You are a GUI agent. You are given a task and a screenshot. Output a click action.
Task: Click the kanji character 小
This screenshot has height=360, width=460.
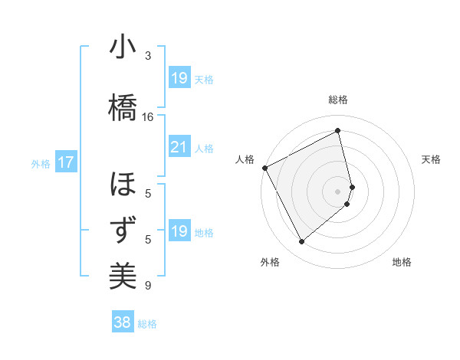123,49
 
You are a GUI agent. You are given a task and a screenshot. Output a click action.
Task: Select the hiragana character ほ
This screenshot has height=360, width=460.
123,186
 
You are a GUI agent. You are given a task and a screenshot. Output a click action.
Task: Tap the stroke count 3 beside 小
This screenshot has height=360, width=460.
148,56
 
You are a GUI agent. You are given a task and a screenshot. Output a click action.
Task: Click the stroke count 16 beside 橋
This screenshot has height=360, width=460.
148,116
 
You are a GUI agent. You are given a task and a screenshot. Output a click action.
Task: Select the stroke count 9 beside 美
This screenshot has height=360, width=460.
148,286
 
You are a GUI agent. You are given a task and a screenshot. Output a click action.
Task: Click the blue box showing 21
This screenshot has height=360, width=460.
179,147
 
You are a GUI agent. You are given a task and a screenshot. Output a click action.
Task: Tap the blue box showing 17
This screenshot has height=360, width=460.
65,162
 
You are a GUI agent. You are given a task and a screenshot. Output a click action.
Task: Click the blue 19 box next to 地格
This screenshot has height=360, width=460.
179,231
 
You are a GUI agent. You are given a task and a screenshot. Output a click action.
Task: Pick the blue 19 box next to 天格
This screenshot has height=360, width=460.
179,78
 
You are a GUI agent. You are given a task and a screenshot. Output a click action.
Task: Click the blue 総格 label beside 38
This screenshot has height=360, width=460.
147,324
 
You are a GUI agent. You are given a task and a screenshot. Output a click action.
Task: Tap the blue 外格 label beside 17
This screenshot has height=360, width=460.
41,163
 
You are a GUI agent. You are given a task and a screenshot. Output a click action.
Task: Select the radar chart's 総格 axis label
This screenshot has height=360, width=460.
338,100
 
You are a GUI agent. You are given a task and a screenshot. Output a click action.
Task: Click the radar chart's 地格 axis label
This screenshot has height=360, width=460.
402,263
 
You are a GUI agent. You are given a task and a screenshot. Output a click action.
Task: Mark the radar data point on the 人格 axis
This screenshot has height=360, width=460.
264,168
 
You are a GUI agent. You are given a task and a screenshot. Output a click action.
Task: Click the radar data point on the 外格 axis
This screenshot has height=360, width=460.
301,242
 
